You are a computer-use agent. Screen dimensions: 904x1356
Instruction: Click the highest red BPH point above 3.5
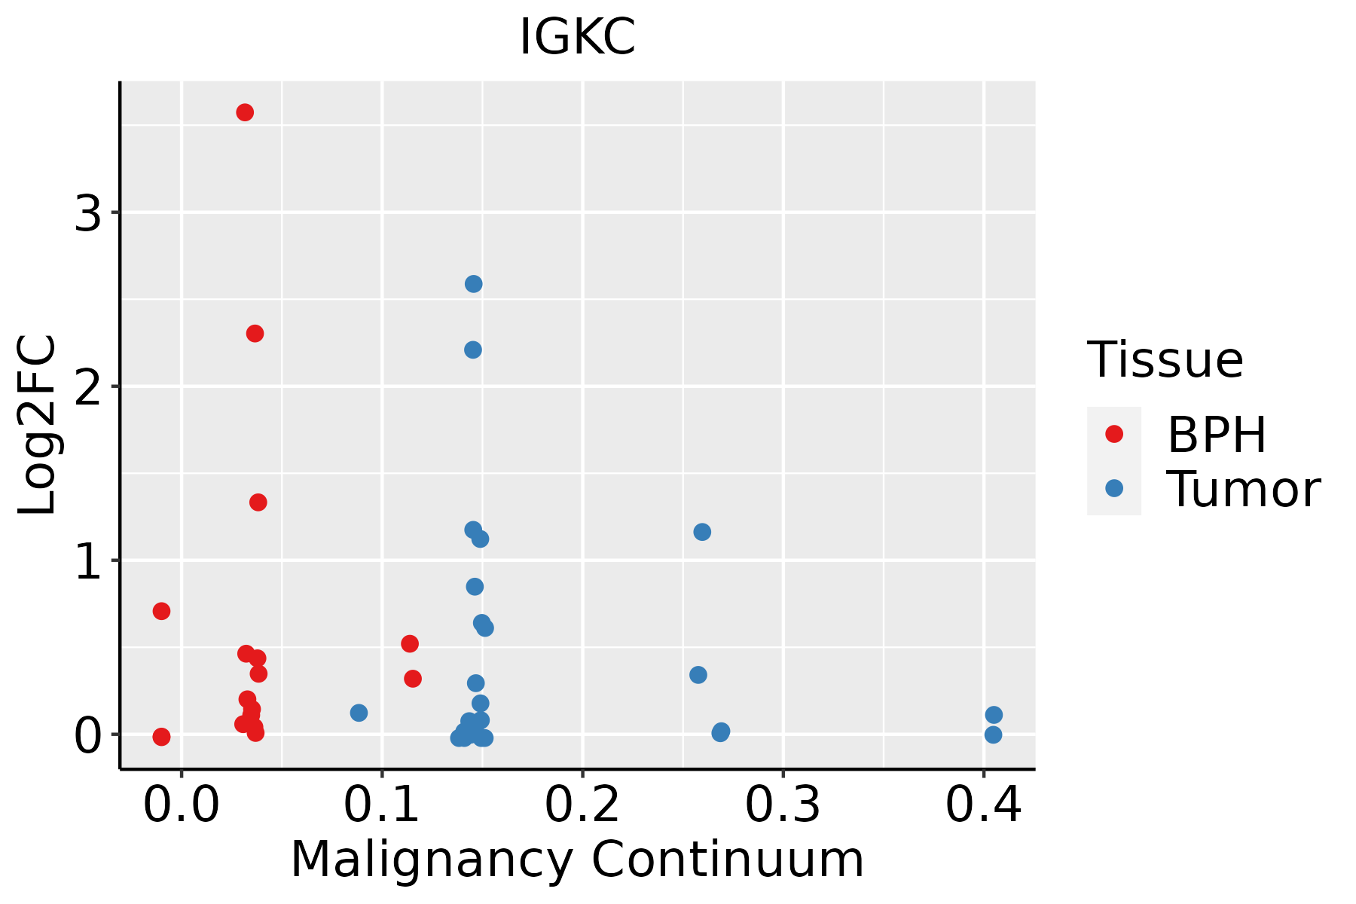(245, 113)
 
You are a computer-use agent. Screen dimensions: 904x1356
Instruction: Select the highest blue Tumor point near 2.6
(474, 284)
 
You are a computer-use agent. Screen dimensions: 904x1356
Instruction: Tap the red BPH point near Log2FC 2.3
(255, 334)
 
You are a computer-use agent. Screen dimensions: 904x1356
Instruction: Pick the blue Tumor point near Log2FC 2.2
(473, 350)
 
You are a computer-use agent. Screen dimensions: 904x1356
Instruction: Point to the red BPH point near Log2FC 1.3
(258, 502)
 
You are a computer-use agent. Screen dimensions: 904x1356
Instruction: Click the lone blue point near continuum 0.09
(359, 713)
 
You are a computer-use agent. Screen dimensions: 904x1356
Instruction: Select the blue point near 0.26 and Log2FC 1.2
(702, 532)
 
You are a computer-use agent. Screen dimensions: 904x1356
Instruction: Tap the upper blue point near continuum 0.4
(994, 715)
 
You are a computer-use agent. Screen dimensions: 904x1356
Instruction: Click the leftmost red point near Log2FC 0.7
(161, 611)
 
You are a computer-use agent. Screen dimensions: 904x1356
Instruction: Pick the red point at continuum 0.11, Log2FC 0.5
(410, 644)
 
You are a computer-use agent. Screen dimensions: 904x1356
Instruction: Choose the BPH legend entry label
(1217, 435)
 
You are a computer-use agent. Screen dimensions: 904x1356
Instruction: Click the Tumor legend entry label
(1243, 490)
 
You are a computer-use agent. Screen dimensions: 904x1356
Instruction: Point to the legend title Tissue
(1165, 360)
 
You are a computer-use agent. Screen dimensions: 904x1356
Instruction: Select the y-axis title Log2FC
(38, 426)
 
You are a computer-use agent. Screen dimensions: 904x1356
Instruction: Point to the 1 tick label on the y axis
(88, 562)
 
